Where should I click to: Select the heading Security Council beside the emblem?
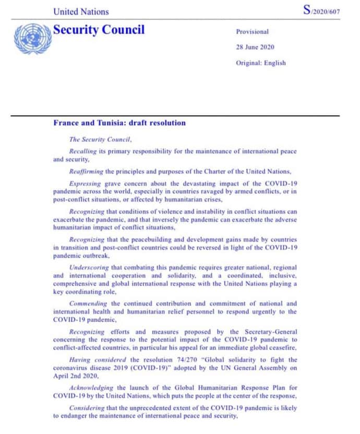pyautogui.click(x=99, y=30)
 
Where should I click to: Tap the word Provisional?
pyautogui.click(x=252, y=32)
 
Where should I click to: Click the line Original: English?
pyautogui.click(x=261, y=63)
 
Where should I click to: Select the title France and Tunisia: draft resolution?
pyautogui.click(x=119, y=123)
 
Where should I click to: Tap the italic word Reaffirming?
pyautogui.click(x=87, y=171)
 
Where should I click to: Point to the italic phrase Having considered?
pyautogui.click(x=97, y=359)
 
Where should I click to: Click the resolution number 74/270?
pyautogui.click(x=197, y=359)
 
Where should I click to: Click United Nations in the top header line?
pyautogui.click(x=81, y=11)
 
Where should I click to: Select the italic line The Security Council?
pyautogui.click(x=101, y=139)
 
